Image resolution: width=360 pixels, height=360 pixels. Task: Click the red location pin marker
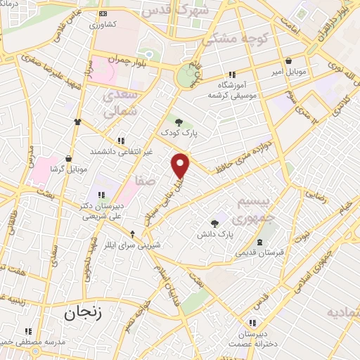click(181, 165)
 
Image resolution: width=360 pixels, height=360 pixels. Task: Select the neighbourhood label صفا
click(146, 181)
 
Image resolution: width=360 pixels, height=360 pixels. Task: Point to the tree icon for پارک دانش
click(215, 222)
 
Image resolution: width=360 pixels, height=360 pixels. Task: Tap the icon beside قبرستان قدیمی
click(261, 243)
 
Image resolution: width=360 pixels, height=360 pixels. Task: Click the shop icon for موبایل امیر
click(290, 61)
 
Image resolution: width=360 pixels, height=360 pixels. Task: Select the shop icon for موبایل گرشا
click(67, 159)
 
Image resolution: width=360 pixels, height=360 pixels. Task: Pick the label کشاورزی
click(107, 23)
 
